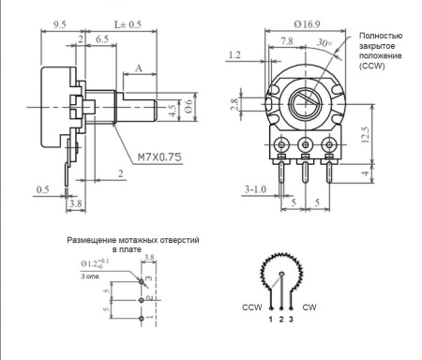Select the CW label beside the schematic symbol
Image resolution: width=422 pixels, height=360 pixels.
[x=310, y=307]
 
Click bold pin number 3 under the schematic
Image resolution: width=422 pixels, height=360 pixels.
[x=291, y=321]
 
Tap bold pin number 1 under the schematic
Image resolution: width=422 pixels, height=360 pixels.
[x=271, y=321]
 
